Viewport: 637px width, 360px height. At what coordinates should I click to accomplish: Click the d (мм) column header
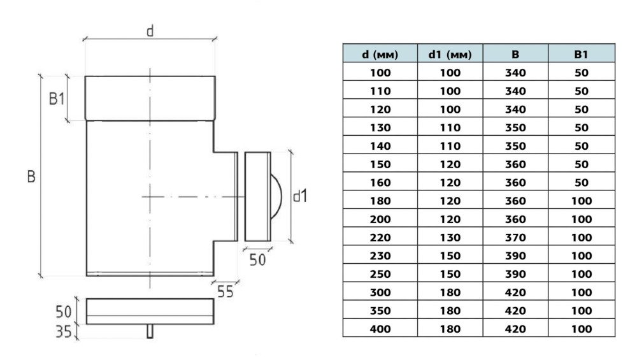point(380,54)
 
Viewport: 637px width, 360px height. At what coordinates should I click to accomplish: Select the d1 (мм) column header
point(450,54)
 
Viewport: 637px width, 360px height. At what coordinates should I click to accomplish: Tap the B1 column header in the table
point(581,54)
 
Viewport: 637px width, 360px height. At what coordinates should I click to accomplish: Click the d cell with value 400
point(380,329)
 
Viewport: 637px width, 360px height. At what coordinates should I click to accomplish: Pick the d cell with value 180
point(380,201)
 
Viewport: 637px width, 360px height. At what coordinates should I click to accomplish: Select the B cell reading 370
point(515,238)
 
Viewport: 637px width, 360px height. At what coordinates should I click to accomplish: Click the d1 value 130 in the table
point(450,238)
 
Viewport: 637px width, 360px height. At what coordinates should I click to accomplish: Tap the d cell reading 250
point(380,274)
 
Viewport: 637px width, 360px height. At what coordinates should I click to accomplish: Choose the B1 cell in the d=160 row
point(581,182)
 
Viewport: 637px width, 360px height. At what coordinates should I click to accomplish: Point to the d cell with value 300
point(380,292)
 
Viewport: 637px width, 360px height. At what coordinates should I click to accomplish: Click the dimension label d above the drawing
point(150,31)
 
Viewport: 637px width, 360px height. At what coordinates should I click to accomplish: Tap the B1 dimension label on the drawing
point(57,99)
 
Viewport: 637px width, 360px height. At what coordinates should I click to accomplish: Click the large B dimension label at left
point(31,176)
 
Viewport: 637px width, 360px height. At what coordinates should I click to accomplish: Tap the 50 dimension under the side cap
point(257,259)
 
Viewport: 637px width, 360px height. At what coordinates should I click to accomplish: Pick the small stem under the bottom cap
point(150,331)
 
